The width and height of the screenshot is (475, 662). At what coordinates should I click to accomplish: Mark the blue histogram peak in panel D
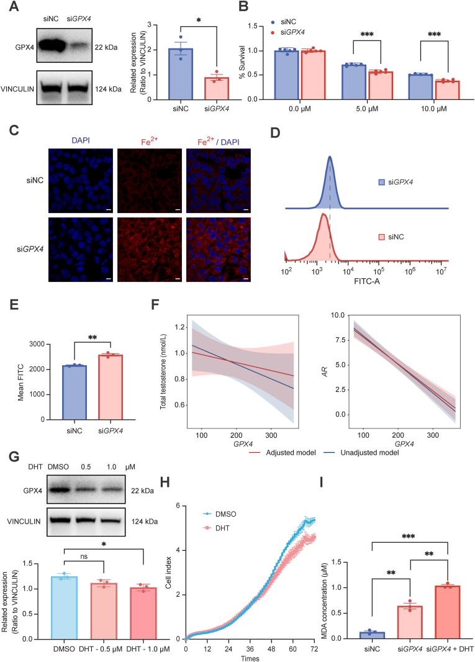pos(330,158)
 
